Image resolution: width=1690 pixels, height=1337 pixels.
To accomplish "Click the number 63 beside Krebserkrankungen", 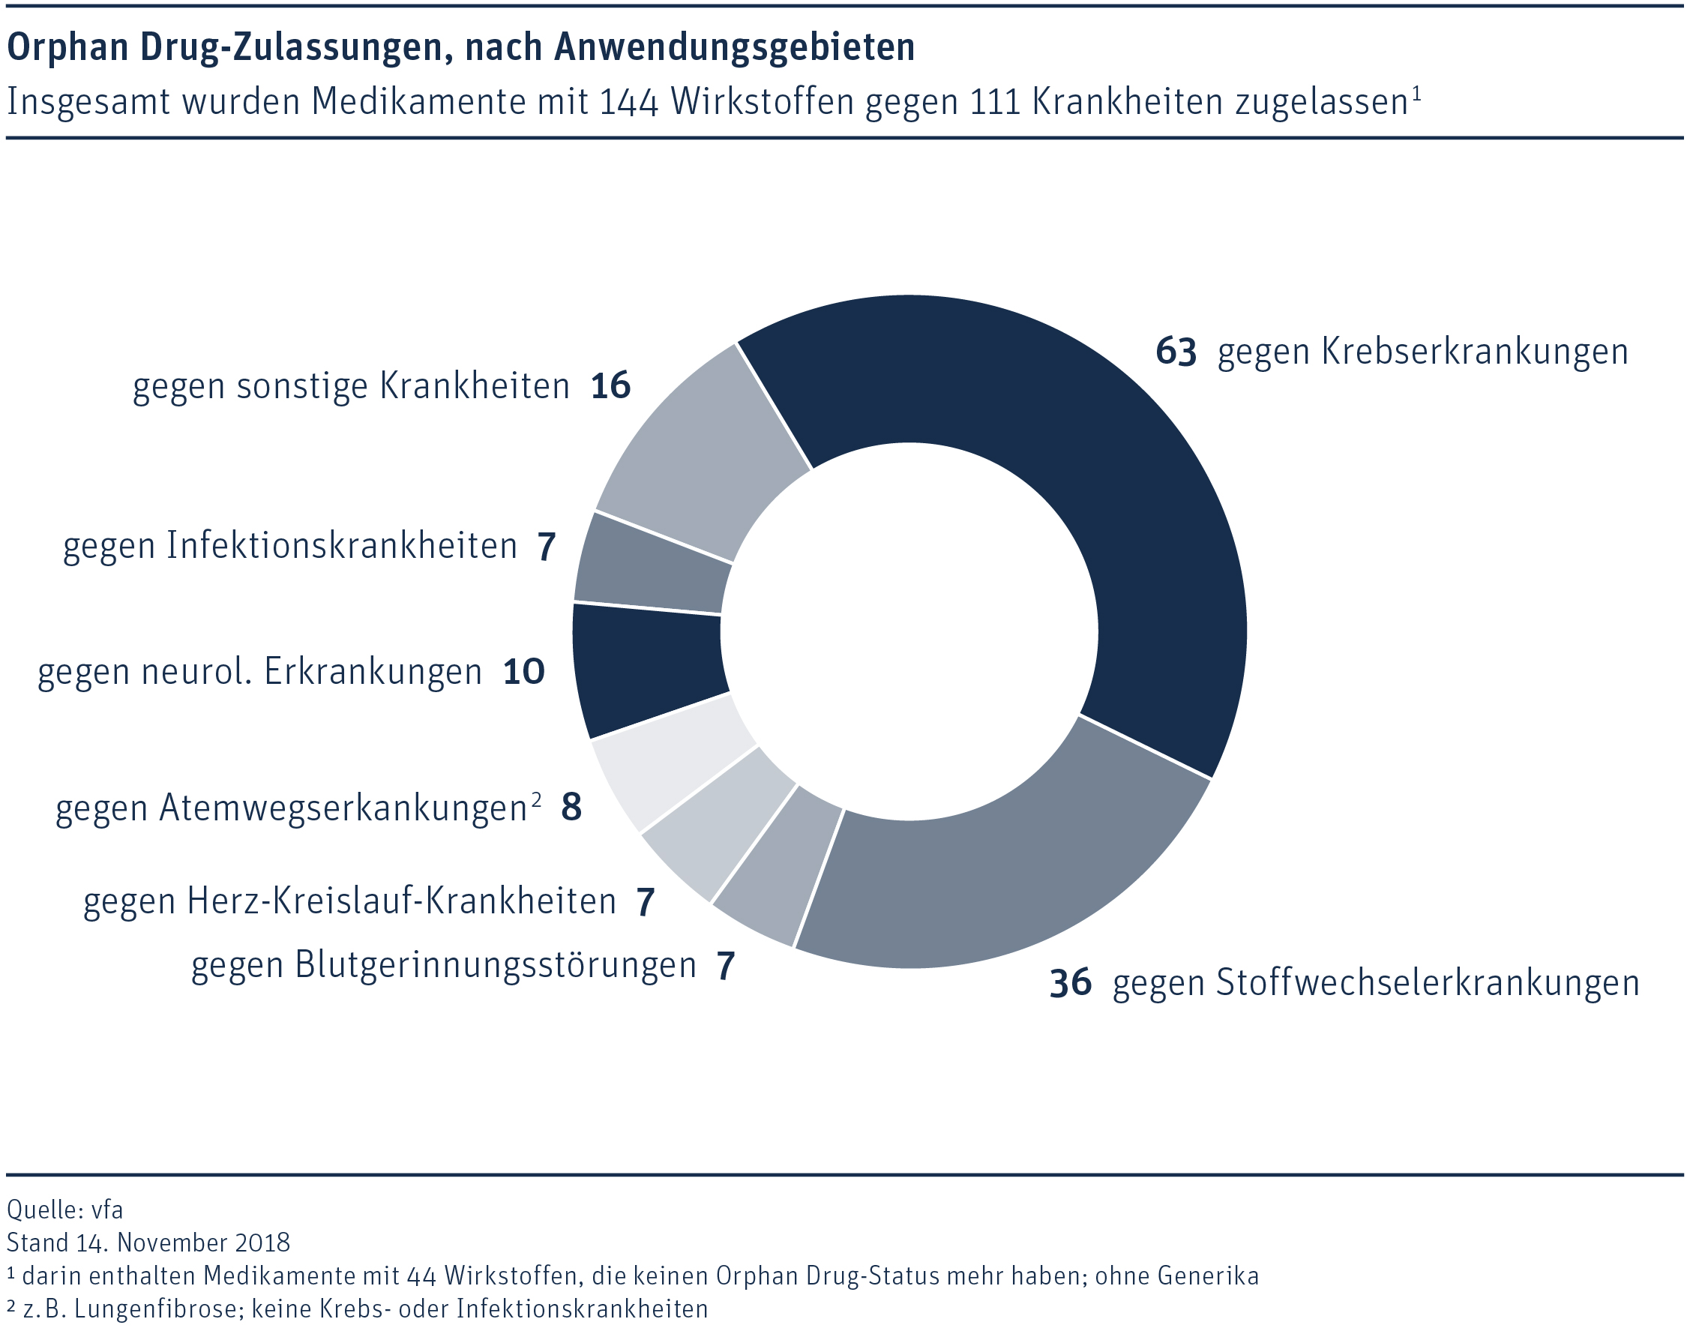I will pos(1176,352).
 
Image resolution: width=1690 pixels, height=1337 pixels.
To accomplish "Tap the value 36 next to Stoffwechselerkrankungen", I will pos(1070,983).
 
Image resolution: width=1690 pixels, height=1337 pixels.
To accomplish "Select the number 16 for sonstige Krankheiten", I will pos(610,386).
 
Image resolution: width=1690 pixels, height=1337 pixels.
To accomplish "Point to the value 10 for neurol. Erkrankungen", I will pos(523,672).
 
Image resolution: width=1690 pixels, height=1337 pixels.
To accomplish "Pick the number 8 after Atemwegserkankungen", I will pos(571,808).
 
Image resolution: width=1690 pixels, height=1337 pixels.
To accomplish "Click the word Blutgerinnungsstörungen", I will pos(496,965).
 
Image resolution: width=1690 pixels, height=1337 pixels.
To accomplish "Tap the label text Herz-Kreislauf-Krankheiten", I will pos(402,901).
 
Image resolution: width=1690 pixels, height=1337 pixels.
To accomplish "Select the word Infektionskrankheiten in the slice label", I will pos(342,546).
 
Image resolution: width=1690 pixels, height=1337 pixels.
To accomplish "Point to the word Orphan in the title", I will pos(67,47).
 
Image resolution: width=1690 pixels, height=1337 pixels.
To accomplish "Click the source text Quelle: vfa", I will pos(65,1210).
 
